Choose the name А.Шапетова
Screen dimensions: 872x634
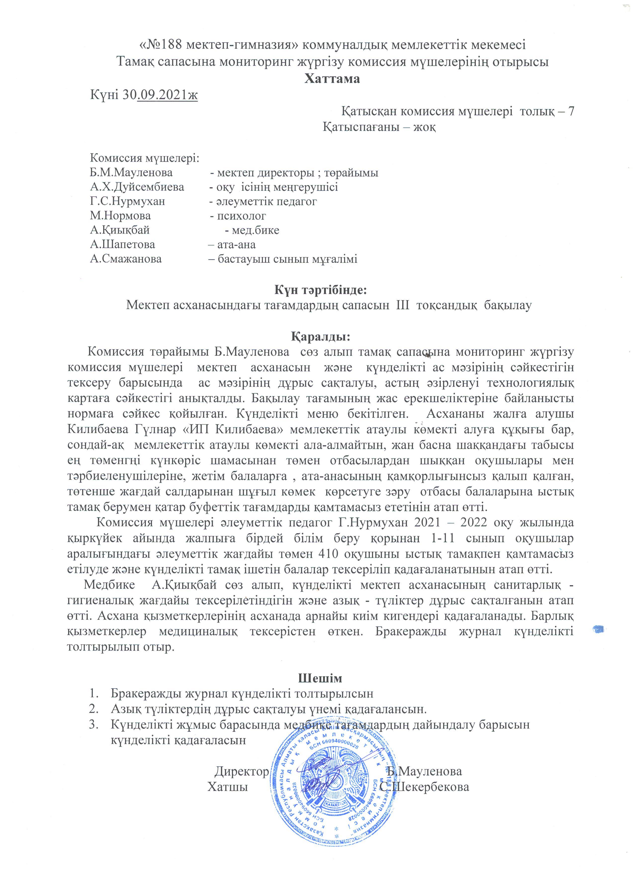(x=123, y=245)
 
